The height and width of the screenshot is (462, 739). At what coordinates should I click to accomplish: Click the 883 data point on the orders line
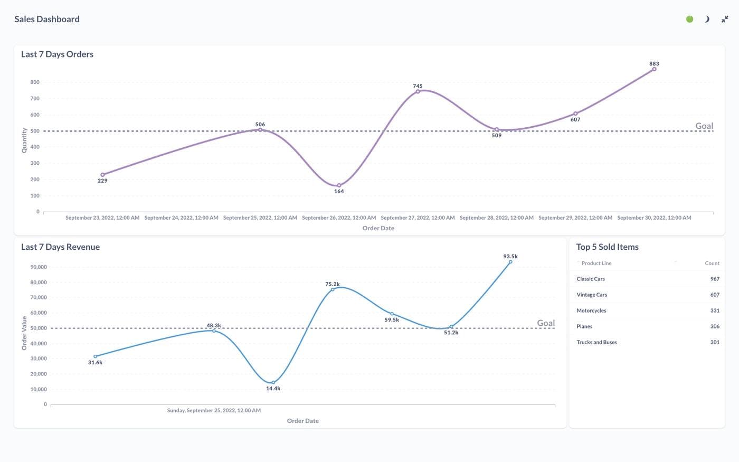pyautogui.click(x=654, y=69)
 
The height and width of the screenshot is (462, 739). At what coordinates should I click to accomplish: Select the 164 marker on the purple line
pyautogui.click(x=339, y=185)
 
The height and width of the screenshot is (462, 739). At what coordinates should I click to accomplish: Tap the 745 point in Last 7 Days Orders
pyautogui.click(x=418, y=91)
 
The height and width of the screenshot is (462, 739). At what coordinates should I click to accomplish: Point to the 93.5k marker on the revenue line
pyautogui.click(x=510, y=262)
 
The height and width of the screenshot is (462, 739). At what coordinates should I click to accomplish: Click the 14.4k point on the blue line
pyautogui.click(x=273, y=382)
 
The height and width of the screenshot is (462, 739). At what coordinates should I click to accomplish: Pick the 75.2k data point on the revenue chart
pyautogui.click(x=333, y=289)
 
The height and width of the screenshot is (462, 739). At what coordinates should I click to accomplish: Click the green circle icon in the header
pyautogui.click(x=689, y=19)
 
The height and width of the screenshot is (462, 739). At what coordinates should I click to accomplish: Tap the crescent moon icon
pyautogui.click(x=707, y=19)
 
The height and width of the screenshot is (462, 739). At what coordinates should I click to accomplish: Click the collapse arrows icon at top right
pyautogui.click(x=725, y=19)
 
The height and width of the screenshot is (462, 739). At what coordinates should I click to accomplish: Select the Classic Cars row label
pyautogui.click(x=591, y=279)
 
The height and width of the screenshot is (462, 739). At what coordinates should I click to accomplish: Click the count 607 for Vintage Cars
pyautogui.click(x=715, y=295)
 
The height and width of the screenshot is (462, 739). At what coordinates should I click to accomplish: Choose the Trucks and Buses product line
pyautogui.click(x=596, y=342)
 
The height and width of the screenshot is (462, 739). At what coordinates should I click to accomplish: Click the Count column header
pyautogui.click(x=712, y=263)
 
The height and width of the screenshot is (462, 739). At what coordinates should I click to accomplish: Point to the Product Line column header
pyautogui.click(x=596, y=263)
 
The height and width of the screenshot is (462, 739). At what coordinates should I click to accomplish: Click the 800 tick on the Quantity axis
pyautogui.click(x=35, y=82)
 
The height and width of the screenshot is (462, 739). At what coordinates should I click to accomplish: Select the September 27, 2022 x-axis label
pyautogui.click(x=418, y=218)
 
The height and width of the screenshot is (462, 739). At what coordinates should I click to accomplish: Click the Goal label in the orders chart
pyautogui.click(x=704, y=126)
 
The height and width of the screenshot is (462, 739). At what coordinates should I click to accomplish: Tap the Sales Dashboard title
pyautogui.click(x=47, y=19)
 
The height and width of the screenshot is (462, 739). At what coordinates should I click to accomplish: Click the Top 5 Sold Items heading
pyautogui.click(x=607, y=247)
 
